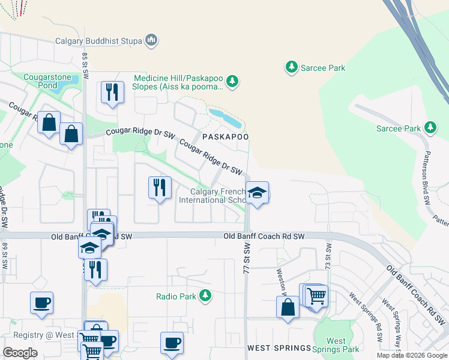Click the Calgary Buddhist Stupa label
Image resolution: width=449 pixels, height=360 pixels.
tap(98, 41)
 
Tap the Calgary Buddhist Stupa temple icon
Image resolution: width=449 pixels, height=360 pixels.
tap(151, 41)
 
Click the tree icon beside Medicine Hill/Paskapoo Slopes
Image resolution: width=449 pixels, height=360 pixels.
tap(232, 80)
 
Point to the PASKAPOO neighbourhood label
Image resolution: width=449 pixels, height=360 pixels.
tap(225, 137)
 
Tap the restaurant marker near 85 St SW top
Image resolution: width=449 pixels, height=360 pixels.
tap(112, 92)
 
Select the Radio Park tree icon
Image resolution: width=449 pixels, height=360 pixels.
tap(205, 296)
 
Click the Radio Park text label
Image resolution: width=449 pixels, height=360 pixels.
tap(176, 296)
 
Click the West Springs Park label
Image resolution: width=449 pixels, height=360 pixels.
tap(336, 345)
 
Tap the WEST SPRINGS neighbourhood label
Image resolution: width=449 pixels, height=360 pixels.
tap(279, 348)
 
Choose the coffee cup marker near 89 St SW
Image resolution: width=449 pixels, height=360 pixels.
tap(42, 303)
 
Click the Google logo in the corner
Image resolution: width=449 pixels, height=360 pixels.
tap(20, 353)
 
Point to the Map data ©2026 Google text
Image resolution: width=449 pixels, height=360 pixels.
tap(412, 355)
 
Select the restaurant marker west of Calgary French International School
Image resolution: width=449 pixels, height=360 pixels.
tap(160, 188)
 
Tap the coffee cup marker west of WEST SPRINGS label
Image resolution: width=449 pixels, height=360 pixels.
tap(172, 343)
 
